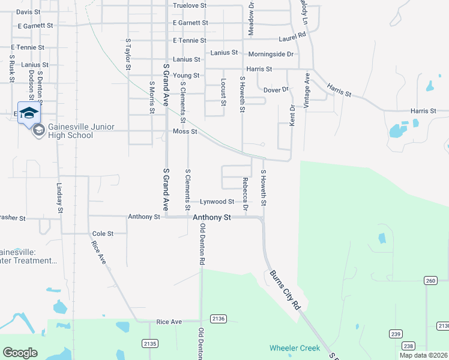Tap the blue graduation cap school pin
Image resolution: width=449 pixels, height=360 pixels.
click(x=28, y=112)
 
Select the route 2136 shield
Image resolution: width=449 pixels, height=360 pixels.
click(x=218, y=319)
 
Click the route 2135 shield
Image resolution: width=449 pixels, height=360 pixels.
click(x=150, y=343)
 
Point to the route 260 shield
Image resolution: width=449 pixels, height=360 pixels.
click(x=430, y=280)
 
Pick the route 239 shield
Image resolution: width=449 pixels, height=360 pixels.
click(x=395, y=334)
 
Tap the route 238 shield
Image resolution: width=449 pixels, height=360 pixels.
click(x=408, y=346)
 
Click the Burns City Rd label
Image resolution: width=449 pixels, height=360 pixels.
click(x=285, y=290)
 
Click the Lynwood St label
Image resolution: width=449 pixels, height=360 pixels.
click(x=217, y=202)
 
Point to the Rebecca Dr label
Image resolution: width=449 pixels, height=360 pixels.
click(x=245, y=194)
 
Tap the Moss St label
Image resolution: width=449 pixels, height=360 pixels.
click(x=185, y=131)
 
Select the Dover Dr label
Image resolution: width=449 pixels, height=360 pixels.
click(x=276, y=90)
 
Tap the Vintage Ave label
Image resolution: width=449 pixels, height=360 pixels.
click(x=307, y=91)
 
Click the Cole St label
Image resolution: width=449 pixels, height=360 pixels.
click(x=103, y=233)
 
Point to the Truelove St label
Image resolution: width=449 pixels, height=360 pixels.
click(x=189, y=5)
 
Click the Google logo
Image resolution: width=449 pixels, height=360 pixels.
click(x=20, y=353)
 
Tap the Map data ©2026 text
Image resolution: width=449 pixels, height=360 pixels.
click(x=423, y=355)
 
